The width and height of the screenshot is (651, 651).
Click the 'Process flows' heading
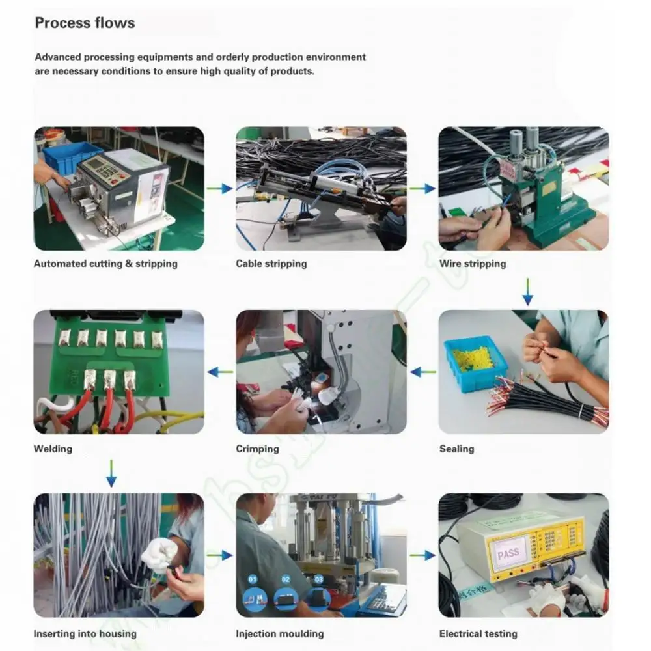85,23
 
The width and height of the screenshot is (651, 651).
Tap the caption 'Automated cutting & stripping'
105,264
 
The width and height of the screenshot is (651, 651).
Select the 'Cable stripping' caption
271,264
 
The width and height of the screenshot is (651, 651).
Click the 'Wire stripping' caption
472,264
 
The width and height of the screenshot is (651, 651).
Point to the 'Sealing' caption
456,449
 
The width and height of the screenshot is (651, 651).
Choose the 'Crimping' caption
257,449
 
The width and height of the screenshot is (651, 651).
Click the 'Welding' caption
53,449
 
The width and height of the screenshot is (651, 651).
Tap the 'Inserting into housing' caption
85,633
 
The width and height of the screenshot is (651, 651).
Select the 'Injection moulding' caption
279,633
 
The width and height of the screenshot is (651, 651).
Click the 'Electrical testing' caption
478,633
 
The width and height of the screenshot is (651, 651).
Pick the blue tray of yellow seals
475,363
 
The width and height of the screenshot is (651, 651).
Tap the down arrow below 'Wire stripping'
527,292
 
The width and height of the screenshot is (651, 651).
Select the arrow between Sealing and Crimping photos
422,372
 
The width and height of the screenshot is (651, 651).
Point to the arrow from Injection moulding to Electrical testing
422,555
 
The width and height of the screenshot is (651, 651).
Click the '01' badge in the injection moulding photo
253,578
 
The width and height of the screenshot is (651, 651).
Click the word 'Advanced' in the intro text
59,57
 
